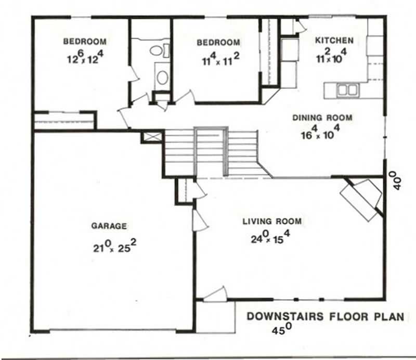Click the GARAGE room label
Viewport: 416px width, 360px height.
109,226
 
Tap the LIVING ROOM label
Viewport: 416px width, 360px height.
272,222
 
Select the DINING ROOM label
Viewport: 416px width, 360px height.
322,118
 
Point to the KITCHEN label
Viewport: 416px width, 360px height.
335,40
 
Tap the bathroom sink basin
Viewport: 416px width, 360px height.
162,78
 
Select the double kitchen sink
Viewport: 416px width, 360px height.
347,90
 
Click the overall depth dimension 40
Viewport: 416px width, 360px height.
397,182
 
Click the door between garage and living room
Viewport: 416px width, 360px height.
199,221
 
